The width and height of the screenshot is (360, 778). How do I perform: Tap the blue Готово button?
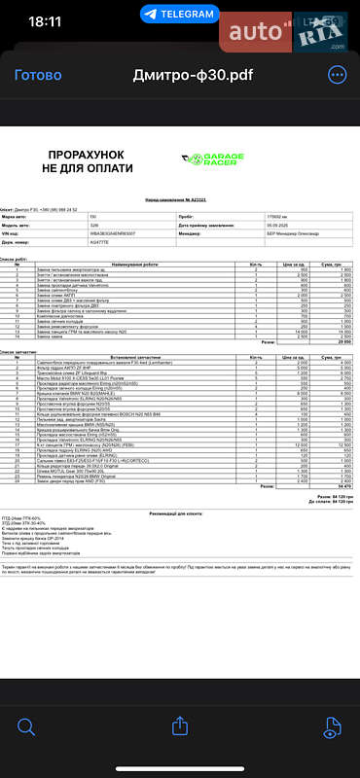pyautogui.click(x=38, y=75)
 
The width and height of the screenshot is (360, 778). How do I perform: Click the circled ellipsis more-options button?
pyautogui.click(x=337, y=75)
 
